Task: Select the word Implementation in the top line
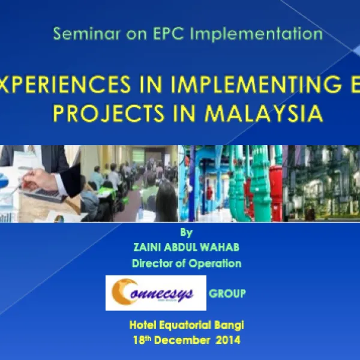[x=258, y=34]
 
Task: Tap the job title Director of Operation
[x=186, y=263]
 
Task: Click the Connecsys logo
[x=155, y=292]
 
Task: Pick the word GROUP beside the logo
[x=227, y=293]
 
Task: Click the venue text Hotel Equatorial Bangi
[x=187, y=325]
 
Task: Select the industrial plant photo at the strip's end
[x=324, y=183]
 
